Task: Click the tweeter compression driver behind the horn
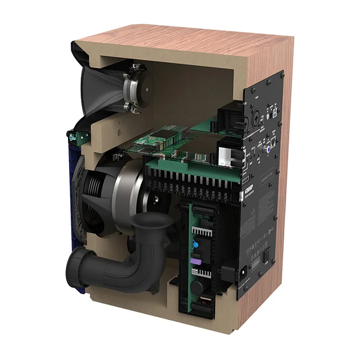point(134,89)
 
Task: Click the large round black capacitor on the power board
point(199,287)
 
